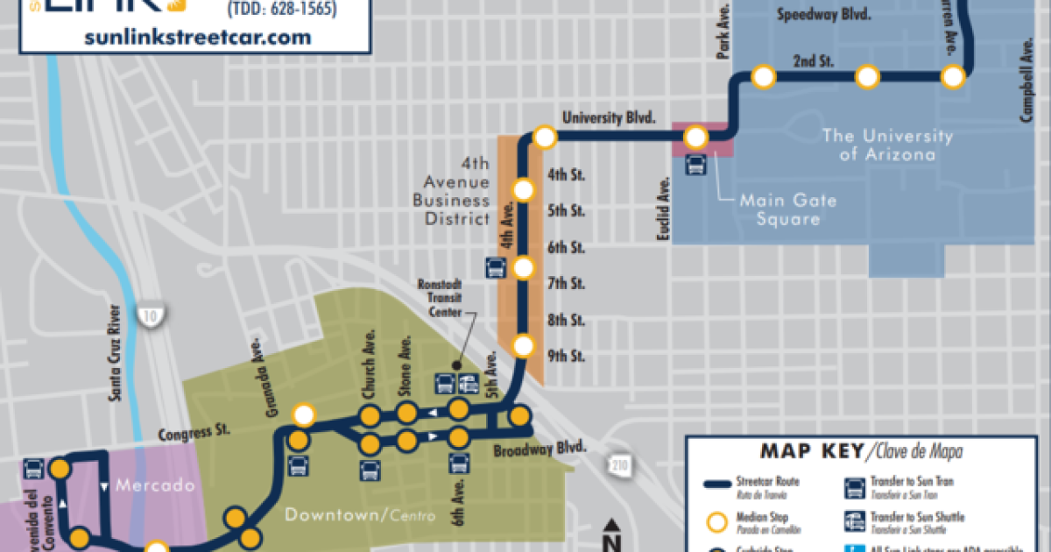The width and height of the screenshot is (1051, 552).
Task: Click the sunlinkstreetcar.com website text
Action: (x=199, y=37)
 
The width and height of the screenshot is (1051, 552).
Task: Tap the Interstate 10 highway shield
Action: (x=150, y=316)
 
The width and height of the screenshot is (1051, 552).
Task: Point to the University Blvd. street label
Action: (x=610, y=117)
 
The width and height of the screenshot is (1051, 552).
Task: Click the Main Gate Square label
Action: (x=787, y=209)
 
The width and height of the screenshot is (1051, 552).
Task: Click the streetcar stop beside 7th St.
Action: (x=524, y=268)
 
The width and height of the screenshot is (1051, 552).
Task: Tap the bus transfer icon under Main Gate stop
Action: (x=697, y=165)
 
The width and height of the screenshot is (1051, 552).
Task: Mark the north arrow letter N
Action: (x=613, y=528)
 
